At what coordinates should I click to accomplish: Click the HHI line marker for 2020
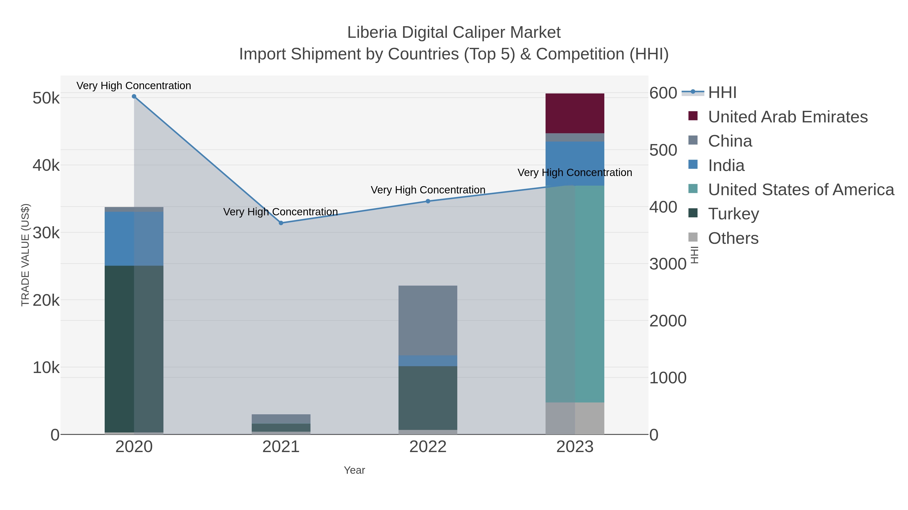click(x=134, y=96)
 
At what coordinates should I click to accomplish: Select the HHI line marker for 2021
click(x=281, y=223)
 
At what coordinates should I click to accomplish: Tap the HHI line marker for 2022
click(x=428, y=201)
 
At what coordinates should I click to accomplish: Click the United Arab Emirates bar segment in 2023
click(x=575, y=113)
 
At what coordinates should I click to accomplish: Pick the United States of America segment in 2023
click(x=575, y=294)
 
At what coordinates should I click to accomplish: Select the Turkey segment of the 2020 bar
click(x=134, y=349)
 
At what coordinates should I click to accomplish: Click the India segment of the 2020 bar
click(x=134, y=239)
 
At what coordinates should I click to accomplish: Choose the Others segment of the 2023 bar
click(x=575, y=418)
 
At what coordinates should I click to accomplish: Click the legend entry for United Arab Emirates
click(x=787, y=117)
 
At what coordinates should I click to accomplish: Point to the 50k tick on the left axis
click(x=46, y=98)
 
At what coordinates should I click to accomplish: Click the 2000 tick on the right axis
click(x=668, y=321)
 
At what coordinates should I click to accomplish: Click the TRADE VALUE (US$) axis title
click(x=25, y=255)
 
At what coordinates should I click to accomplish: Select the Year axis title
click(x=354, y=470)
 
